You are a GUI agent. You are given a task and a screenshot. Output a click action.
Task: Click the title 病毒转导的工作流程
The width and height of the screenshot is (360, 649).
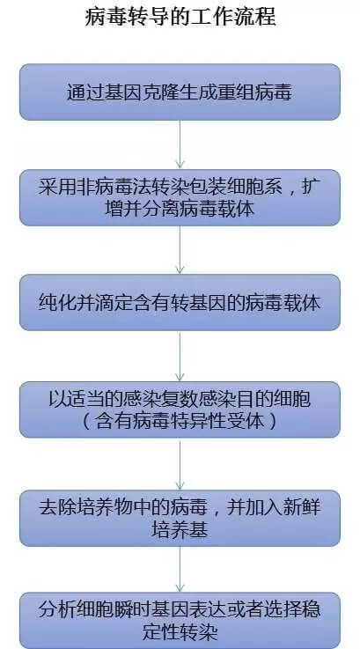(x=180, y=18)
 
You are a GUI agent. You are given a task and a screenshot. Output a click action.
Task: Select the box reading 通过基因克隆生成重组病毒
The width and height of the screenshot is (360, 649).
(x=180, y=92)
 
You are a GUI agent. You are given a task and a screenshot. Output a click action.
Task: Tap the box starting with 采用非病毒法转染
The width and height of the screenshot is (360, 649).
(x=180, y=198)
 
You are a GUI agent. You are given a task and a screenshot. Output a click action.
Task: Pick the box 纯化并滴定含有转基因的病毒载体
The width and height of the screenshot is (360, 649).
(x=180, y=303)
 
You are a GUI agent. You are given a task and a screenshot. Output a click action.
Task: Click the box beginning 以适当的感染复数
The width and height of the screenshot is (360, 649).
(x=180, y=409)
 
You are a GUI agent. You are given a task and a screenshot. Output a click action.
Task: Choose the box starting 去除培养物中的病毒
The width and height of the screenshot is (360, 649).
(x=180, y=518)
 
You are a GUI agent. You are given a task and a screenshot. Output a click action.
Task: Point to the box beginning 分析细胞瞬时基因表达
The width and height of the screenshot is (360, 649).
(x=180, y=621)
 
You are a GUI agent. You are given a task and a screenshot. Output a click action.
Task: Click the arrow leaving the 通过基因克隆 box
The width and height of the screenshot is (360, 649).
(x=180, y=145)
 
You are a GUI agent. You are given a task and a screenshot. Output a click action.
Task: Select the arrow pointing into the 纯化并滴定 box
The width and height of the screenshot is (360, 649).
(x=180, y=250)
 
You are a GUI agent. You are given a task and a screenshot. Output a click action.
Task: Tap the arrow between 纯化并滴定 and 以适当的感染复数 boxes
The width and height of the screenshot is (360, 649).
(x=180, y=356)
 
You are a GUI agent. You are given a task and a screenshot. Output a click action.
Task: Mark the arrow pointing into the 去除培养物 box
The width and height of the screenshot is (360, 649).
(x=180, y=464)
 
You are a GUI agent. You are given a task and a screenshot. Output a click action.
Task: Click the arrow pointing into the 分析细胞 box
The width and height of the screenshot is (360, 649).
(x=180, y=569)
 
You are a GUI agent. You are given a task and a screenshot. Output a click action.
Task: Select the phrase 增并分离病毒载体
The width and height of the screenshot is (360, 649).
(x=180, y=209)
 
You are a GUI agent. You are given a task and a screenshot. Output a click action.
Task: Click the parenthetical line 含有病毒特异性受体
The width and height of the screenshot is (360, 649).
(x=180, y=422)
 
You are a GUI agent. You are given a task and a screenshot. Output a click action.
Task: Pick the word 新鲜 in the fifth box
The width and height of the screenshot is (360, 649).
(x=302, y=508)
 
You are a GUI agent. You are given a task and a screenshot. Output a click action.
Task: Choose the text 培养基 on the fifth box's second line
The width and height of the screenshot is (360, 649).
(x=180, y=530)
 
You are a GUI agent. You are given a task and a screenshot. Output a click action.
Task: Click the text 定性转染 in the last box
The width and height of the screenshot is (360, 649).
(x=180, y=632)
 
